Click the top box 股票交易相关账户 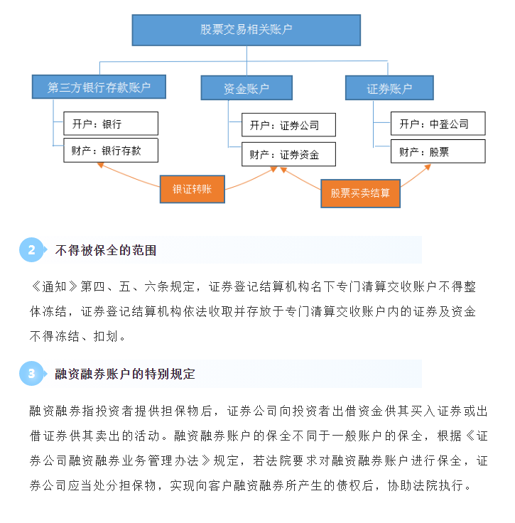coord(246,30)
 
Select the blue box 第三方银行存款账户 coord(99,87)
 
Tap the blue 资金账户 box coord(246,87)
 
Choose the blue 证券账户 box coord(389,87)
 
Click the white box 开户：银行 coord(111,124)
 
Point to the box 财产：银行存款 coord(111,151)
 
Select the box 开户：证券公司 coord(288,125)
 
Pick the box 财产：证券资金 coord(288,154)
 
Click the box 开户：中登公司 coord(438,124)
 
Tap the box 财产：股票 coord(438,151)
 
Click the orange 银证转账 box coord(193,189)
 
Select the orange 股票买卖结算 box coord(360,193)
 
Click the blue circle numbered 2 coord(31,250)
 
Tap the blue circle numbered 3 coord(31,374)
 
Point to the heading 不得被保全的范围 coord(106,250)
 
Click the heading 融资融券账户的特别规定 coord(125,374)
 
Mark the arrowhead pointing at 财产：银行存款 coord(100,165)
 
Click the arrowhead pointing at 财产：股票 coord(428,167)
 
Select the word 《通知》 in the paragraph coord(55,286)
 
